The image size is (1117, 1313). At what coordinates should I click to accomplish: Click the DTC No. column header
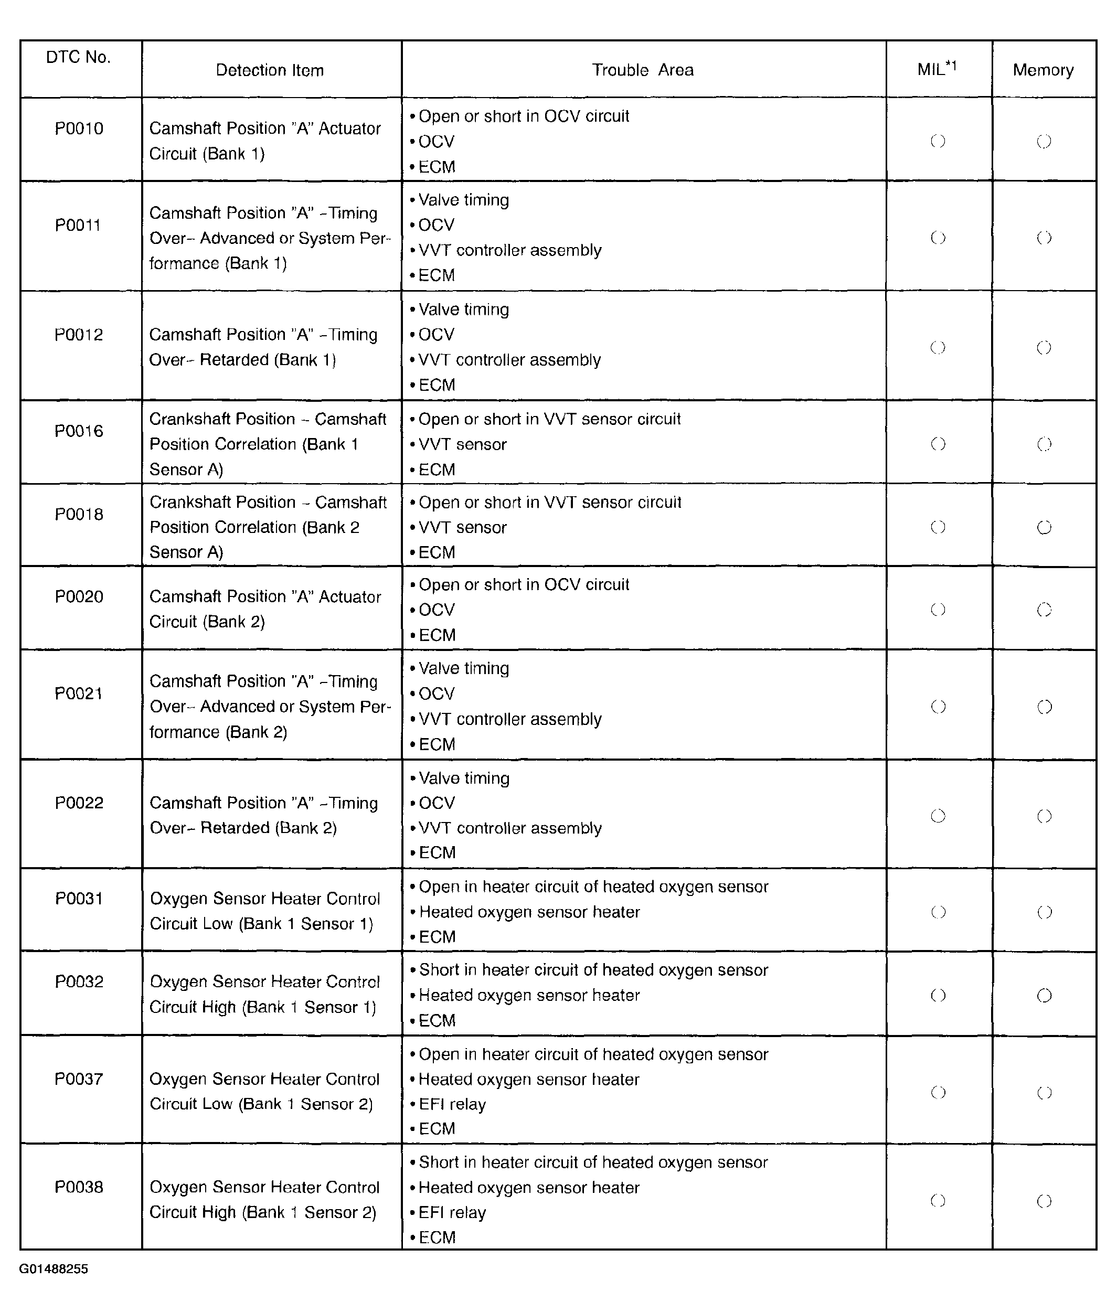[x=79, y=57]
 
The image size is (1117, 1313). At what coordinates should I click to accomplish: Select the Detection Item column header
[x=270, y=70]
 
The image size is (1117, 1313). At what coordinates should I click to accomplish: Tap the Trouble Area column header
[x=643, y=70]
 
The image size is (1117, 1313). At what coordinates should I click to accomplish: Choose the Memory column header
[x=1043, y=70]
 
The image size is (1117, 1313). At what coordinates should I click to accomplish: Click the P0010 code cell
[x=79, y=129]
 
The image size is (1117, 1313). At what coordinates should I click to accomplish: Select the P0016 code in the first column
[x=79, y=431]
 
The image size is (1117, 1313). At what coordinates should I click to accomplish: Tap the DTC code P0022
[x=79, y=803]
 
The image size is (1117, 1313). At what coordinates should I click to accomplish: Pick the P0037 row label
[x=79, y=1079]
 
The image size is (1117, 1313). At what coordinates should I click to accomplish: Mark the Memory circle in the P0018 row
[x=1044, y=527]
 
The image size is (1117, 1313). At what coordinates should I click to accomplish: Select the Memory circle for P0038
[x=1045, y=1201]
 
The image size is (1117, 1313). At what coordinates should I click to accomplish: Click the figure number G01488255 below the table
[x=54, y=1269]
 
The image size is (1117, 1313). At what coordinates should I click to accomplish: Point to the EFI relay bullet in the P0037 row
[x=452, y=1105]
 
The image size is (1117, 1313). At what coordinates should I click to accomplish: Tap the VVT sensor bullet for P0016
[x=462, y=444]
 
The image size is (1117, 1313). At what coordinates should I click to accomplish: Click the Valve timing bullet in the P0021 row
[x=463, y=668]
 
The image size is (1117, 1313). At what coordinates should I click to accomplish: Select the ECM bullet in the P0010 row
[x=437, y=167]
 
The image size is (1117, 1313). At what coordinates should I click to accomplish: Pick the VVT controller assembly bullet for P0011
[x=510, y=250]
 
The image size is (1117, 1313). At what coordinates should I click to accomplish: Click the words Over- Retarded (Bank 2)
[x=243, y=828]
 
